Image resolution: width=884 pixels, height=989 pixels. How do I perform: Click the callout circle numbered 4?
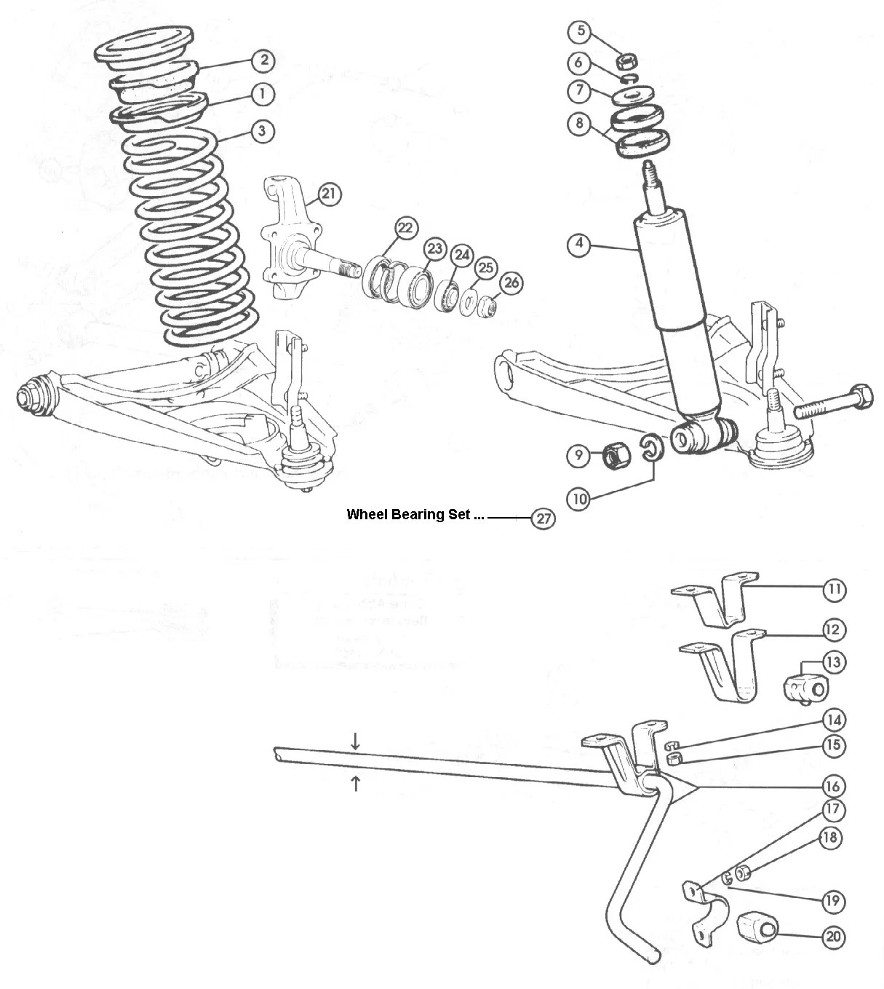tap(579, 244)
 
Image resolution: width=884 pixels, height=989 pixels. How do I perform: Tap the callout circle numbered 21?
tap(329, 194)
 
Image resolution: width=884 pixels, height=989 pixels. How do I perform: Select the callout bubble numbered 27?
tap(543, 519)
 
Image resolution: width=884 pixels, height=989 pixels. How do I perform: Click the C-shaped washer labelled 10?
tap(651, 448)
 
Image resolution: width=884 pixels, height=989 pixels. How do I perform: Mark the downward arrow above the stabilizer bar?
tap(355, 741)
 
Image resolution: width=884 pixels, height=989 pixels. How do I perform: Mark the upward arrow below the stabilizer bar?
tap(355, 784)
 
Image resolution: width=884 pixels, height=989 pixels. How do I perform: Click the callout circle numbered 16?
tap(833, 786)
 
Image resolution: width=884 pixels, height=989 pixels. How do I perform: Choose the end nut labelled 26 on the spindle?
tap(490, 305)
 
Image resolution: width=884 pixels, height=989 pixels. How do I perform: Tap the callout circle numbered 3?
tap(263, 132)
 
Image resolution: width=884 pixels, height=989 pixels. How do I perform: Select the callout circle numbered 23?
tap(434, 249)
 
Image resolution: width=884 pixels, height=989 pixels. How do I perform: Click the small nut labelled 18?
tap(743, 872)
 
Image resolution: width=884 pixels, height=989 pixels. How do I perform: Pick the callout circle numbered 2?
tap(263, 60)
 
